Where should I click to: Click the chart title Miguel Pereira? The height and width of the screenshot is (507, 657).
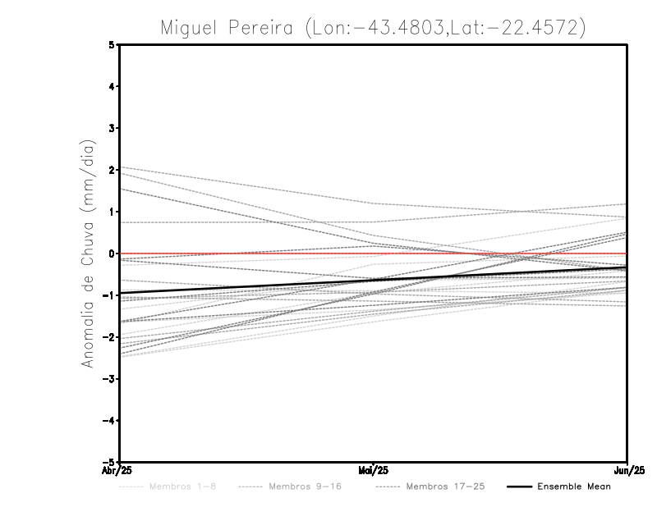pyautogui.click(x=373, y=27)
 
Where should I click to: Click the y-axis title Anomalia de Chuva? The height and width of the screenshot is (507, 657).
pyautogui.click(x=89, y=253)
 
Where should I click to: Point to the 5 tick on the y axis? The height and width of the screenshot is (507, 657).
pyautogui.click(x=112, y=44)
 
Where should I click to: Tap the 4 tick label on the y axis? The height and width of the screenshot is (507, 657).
pyautogui.click(x=112, y=86)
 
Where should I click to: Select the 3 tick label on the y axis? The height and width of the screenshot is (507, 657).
pyautogui.click(x=112, y=128)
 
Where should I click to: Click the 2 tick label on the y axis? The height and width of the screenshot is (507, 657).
pyautogui.click(x=112, y=170)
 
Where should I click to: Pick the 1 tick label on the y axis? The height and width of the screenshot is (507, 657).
pyautogui.click(x=112, y=212)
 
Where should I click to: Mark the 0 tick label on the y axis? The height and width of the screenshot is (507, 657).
pyautogui.click(x=112, y=253)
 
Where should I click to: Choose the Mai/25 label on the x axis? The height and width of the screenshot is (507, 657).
pyautogui.click(x=374, y=471)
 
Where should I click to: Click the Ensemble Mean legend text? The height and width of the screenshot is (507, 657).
pyautogui.click(x=574, y=487)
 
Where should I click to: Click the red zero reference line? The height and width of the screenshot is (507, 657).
pyautogui.click(x=246, y=253)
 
